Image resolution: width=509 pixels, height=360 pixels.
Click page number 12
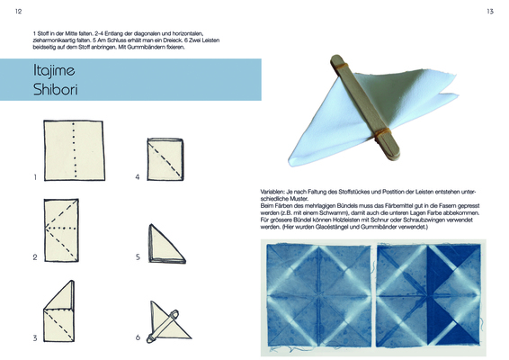[x=19, y=12]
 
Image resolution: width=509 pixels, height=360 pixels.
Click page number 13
[x=490, y=12]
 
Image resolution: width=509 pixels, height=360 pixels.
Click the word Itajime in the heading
[x=54, y=70]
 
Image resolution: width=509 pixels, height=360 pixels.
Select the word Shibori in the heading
[x=56, y=89]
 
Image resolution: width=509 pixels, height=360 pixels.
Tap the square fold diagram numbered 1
[x=75, y=150]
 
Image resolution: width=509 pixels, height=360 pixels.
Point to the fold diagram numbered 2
[x=61, y=230]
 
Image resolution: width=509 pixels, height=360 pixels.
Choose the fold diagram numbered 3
[x=59, y=310]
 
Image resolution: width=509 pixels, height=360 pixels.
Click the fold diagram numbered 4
[x=165, y=159]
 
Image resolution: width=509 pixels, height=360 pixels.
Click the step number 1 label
[x=35, y=177]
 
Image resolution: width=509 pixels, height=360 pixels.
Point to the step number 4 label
[x=138, y=177]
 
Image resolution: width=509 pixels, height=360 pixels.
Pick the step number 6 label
[x=138, y=337]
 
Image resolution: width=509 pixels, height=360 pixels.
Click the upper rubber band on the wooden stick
[x=342, y=66]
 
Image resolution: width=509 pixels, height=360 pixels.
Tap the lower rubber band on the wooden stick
[x=382, y=132]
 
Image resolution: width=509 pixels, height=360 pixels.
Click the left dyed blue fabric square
[x=319, y=295]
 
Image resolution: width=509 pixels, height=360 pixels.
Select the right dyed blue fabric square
[x=428, y=295]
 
